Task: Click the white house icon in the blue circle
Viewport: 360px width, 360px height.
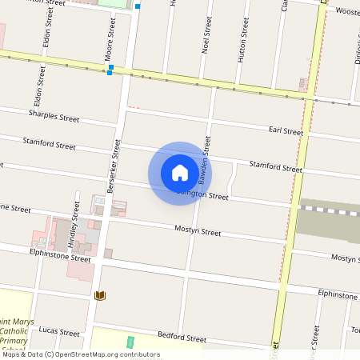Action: [x=180, y=172]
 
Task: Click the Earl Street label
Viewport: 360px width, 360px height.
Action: [x=286, y=130]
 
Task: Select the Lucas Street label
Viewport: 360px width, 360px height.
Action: [x=59, y=330]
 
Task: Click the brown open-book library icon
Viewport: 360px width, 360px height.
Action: [x=100, y=296]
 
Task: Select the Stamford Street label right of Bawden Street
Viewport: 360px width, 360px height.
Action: [x=275, y=166]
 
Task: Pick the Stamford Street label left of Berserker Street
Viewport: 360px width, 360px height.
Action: [x=50, y=146]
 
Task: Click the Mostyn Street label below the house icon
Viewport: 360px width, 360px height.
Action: [x=198, y=231]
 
